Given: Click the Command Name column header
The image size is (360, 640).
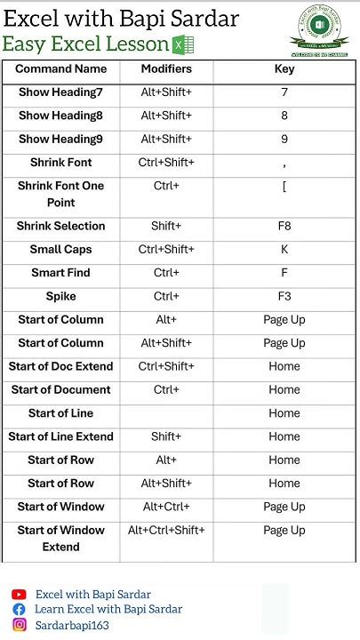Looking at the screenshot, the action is pos(60,69).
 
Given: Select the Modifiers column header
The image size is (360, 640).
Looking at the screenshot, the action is pos(166,69).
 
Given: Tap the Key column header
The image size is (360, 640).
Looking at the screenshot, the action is pos(284,69).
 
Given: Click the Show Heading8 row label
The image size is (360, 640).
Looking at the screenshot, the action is pos(60,116).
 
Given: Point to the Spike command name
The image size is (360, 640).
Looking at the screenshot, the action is pos(60,296).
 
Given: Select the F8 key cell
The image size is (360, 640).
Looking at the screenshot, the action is pos(284,226).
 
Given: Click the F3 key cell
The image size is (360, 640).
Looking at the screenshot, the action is pos(284,296).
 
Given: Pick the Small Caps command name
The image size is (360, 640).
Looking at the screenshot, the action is pos(60,250).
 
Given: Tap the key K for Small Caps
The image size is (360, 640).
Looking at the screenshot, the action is pos(284,250).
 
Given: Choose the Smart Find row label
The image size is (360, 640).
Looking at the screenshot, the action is pos(60,273).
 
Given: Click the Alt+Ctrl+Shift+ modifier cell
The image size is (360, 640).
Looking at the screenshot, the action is pos(166,531).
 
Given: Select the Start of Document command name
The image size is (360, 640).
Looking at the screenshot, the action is pos(60,389).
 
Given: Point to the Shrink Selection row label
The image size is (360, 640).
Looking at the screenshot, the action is pos(60,226).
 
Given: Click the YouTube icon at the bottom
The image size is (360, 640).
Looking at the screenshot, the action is pos(19,595).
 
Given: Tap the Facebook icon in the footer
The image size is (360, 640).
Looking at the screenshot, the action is pos(19,610).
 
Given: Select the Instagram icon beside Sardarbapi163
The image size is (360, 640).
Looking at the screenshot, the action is pos(19,625).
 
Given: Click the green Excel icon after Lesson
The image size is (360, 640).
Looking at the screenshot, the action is pos(183,45).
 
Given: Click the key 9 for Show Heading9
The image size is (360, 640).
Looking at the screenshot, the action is pos(284,139).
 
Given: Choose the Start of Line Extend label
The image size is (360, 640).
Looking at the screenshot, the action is pos(60,436).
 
